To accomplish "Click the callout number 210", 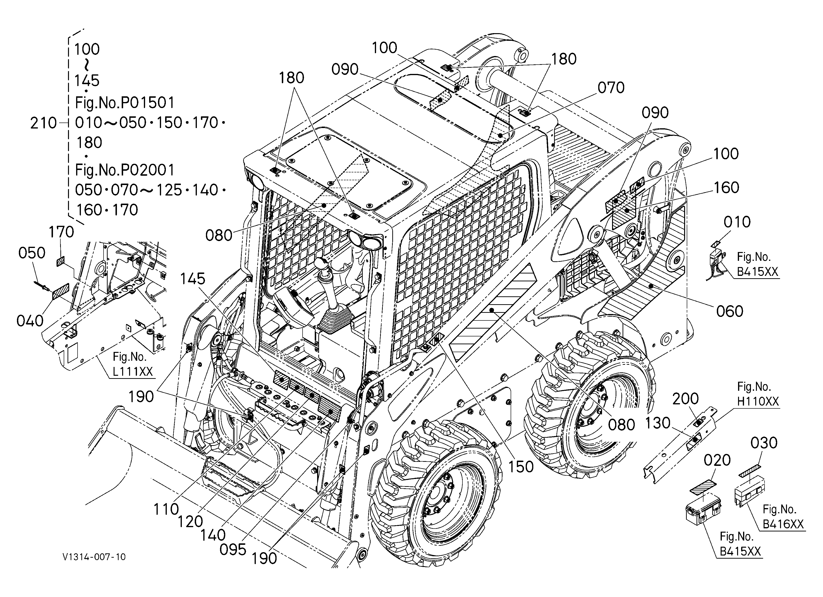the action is [43, 124].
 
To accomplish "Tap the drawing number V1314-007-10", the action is [94, 557].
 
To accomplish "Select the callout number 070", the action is [611, 88].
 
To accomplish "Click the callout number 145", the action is [193, 279].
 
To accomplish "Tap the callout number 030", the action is [764, 443].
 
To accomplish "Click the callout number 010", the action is [737, 222].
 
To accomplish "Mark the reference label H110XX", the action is [758, 402].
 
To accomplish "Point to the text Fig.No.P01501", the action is [125, 103].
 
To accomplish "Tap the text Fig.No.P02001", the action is [125, 170].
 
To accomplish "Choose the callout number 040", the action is [30, 321].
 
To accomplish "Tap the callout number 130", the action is [658, 423].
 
